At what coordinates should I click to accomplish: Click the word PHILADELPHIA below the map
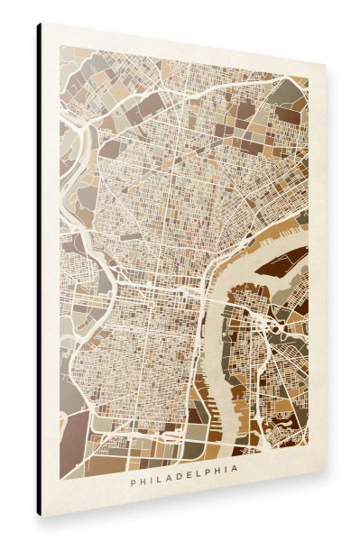click(x=184, y=481)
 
